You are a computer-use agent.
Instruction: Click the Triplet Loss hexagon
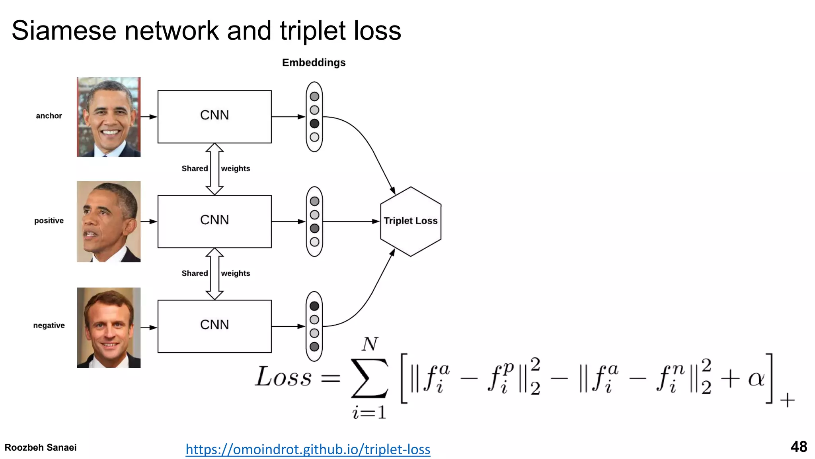410,221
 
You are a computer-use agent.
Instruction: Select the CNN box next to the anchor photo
214,116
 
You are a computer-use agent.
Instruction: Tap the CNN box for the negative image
214,326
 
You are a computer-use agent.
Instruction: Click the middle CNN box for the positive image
214,221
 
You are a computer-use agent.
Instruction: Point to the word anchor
49,116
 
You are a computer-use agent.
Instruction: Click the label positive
49,221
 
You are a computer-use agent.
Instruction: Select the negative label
49,326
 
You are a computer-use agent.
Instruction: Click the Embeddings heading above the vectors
314,63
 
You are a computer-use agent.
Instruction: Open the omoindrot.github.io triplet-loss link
308,449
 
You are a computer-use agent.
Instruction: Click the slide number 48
798,447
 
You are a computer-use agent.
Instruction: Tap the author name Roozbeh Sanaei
41,447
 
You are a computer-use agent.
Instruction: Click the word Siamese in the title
64,31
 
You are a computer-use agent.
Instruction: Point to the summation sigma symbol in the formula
369,378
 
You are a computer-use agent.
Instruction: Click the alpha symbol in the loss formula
756,379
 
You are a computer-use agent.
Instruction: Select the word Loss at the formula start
283,377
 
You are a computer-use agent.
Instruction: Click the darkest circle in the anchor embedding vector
314,124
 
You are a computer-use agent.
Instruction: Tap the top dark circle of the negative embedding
314,306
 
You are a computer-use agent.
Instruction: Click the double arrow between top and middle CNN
214,169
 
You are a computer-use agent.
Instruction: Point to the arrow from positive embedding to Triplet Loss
350,221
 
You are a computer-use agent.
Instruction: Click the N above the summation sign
370,344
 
